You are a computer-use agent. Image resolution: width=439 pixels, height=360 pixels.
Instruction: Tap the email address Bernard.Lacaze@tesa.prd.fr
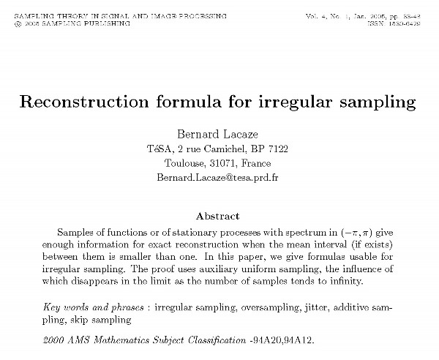pyautogui.click(x=219, y=178)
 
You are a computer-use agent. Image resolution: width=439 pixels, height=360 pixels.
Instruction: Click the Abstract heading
pyautogui.click(x=218, y=216)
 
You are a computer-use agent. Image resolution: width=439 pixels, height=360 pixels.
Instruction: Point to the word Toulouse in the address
pyautogui.click(x=186, y=163)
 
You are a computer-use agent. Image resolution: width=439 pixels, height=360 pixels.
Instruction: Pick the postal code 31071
pyautogui.click(x=225, y=163)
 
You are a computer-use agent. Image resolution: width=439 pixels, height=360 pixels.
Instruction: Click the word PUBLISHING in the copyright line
pyautogui.click(x=108, y=23)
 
